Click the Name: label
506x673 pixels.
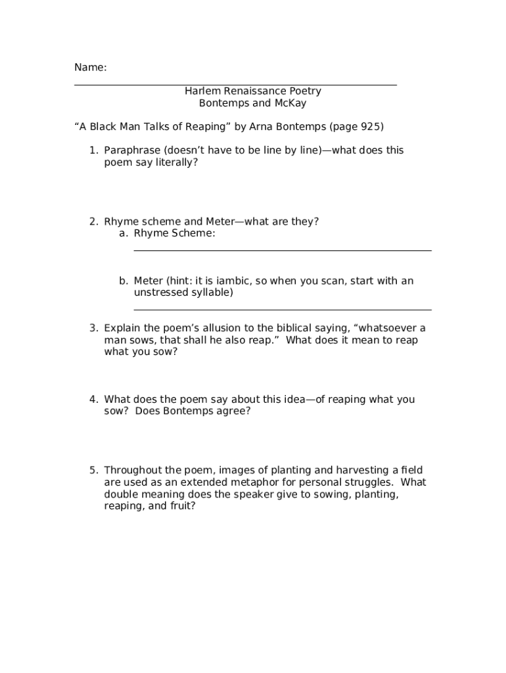[x=90, y=68]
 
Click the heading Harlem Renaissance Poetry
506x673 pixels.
[x=252, y=91]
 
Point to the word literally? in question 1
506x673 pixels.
[x=176, y=162]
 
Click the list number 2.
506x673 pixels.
[x=93, y=221]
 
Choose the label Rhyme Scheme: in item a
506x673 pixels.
[x=174, y=233]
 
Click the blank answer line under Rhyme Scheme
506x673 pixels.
[x=283, y=250]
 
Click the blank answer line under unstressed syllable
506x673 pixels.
[x=283, y=309]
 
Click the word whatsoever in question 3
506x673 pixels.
[x=390, y=328]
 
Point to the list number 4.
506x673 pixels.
[x=93, y=400]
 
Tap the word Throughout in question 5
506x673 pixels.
[x=132, y=471]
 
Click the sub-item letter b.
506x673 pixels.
[x=123, y=281]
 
